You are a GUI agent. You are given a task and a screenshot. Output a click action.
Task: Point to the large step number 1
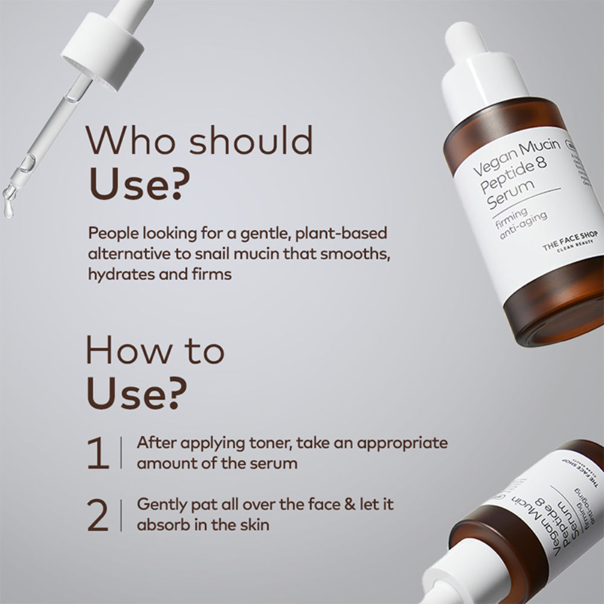pos(97,454)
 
